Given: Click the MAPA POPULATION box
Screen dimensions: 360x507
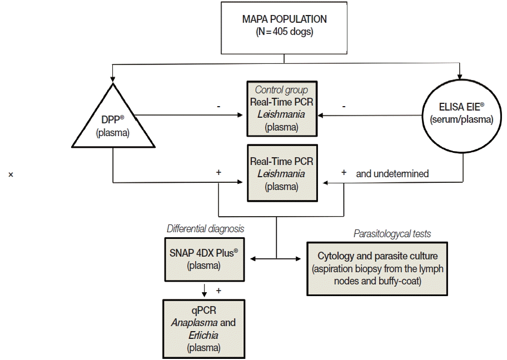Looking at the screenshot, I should pyautogui.click(x=284, y=26).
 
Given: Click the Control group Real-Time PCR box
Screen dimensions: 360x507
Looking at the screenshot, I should pyautogui.click(x=281, y=108).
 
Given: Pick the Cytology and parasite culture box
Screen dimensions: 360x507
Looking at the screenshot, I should pyautogui.click(x=376, y=268).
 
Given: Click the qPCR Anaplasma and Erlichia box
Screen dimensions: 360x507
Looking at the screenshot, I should pyautogui.click(x=203, y=328).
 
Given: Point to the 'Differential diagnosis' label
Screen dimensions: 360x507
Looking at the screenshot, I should pyautogui.click(x=206, y=229).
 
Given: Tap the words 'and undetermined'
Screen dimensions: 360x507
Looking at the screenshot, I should pyautogui.click(x=392, y=174).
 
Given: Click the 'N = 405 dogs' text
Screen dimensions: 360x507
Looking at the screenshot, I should pyautogui.click(x=284, y=32).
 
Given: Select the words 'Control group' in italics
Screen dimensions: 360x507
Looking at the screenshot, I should pyautogui.click(x=281, y=89).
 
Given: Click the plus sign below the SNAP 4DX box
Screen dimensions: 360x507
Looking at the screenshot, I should pyautogui.click(x=218, y=290).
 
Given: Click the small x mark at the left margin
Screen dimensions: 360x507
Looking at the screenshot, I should pyautogui.click(x=11, y=175).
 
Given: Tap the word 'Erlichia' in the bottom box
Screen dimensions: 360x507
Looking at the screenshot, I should pyautogui.click(x=203, y=336).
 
